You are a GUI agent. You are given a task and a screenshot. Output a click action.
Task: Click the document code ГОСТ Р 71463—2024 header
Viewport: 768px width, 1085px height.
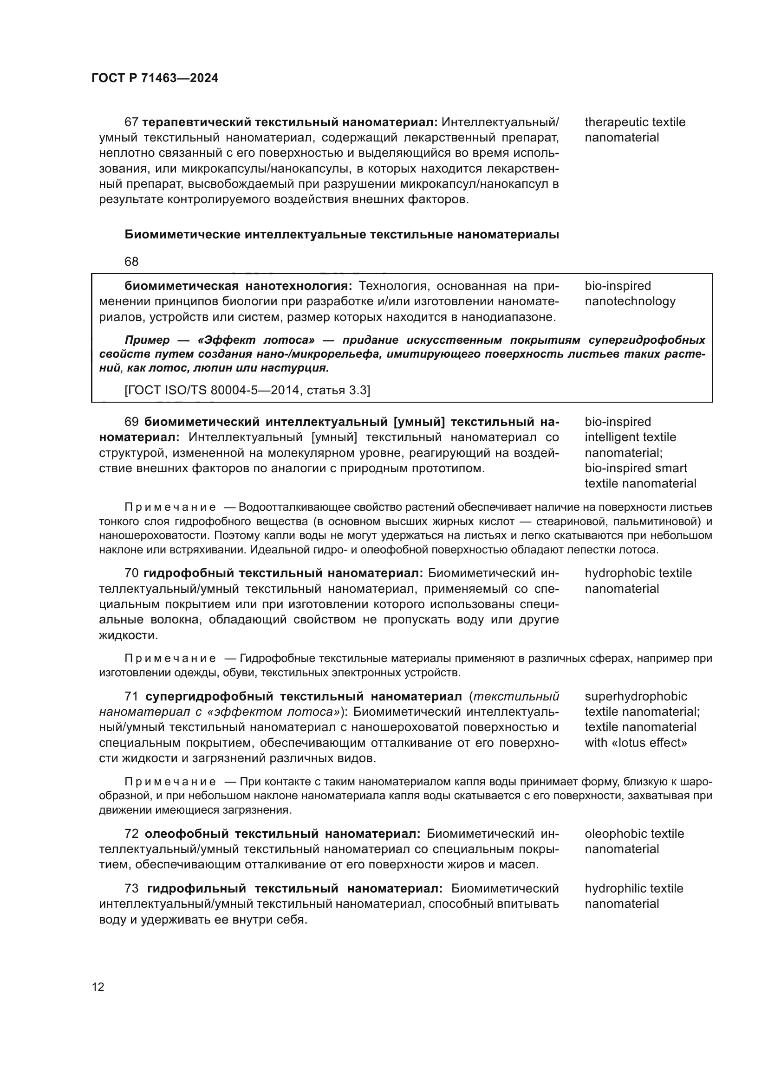(x=155, y=78)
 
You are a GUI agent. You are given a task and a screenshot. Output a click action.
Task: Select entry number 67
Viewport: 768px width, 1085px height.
(x=131, y=122)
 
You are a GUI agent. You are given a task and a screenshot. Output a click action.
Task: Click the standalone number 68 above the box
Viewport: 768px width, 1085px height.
(x=131, y=262)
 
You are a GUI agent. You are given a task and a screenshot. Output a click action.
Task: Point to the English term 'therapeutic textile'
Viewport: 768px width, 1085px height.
(x=635, y=122)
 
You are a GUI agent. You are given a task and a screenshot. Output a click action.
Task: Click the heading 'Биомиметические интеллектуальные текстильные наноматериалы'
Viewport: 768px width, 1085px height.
(x=341, y=235)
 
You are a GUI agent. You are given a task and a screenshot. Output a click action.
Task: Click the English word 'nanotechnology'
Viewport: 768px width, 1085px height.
(x=630, y=302)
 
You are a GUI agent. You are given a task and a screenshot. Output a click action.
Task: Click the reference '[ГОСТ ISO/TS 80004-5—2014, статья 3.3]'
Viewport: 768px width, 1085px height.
(x=247, y=390)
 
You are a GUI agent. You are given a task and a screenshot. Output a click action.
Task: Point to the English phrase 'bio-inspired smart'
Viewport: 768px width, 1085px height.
(x=636, y=469)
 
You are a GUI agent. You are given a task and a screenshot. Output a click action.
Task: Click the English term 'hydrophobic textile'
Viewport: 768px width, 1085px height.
(x=638, y=573)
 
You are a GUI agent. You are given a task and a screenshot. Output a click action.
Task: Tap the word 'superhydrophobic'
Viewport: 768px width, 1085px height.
(x=636, y=697)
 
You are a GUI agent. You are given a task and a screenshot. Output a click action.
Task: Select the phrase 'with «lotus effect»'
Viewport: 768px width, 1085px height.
(x=636, y=743)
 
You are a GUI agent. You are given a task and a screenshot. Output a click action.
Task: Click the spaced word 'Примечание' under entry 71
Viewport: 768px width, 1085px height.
(x=170, y=782)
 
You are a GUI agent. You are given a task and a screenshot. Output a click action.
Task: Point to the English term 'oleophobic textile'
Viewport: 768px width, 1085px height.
(x=634, y=834)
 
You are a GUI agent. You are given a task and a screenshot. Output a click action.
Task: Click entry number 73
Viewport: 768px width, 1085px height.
(x=131, y=888)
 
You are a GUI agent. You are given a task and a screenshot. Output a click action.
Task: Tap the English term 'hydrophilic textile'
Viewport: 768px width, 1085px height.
(x=634, y=888)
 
